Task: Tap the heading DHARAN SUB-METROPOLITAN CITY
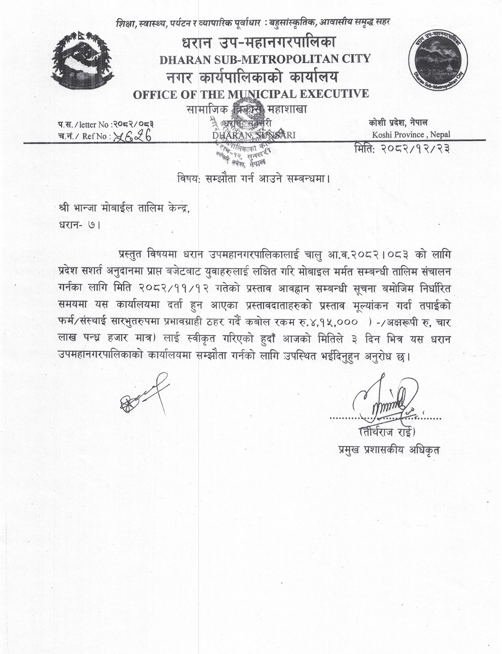[x=265, y=59]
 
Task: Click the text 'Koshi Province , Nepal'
[x=411, y=135]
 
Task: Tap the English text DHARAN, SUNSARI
[x=254, y=135]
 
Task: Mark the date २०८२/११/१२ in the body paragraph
[x=174, y=289]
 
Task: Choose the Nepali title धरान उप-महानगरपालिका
[x=259, y=43]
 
